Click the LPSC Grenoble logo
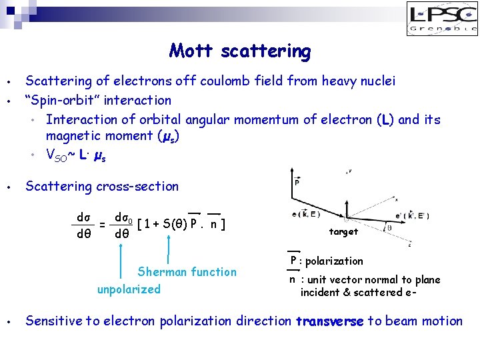[442, 19]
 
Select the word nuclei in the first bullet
[375, 81]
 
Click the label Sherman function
[187, 272]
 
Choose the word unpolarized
[129, 289]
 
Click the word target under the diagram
[343, 232]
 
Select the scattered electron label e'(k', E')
[414, 215]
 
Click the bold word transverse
[329, 321]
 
